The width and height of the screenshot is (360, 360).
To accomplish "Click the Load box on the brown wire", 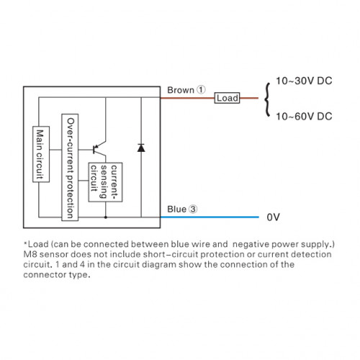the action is click(x=227, y=98).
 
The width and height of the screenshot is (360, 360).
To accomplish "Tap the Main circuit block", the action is click(x=41, y=154).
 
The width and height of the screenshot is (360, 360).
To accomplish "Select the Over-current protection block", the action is click(x=70, y=167).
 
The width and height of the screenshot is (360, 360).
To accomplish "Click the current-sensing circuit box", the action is click(x=105, y=182).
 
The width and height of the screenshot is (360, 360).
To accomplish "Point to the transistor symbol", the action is click(x=99, y=149).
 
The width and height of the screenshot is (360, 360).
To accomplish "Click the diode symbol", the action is click(x=141, y=148).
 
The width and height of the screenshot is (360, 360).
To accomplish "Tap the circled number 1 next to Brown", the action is click(x=201, y=90).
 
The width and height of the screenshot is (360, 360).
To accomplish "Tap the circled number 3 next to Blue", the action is click(x=193, y=209).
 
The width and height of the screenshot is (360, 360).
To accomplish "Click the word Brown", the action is click(x=181, y=90).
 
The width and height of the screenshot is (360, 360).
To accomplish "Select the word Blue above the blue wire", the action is click(x=176, y=210).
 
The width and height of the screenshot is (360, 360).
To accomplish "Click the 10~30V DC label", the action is click(x=304, y=81).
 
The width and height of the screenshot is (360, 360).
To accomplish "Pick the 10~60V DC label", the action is click(x=304, y=117).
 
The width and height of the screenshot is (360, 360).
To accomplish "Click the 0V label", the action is click(x=274, y=217).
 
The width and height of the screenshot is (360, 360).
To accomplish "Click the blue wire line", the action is click(x=210, y=217).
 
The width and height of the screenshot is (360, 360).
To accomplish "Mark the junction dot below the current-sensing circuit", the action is click(x=106, y=217).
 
